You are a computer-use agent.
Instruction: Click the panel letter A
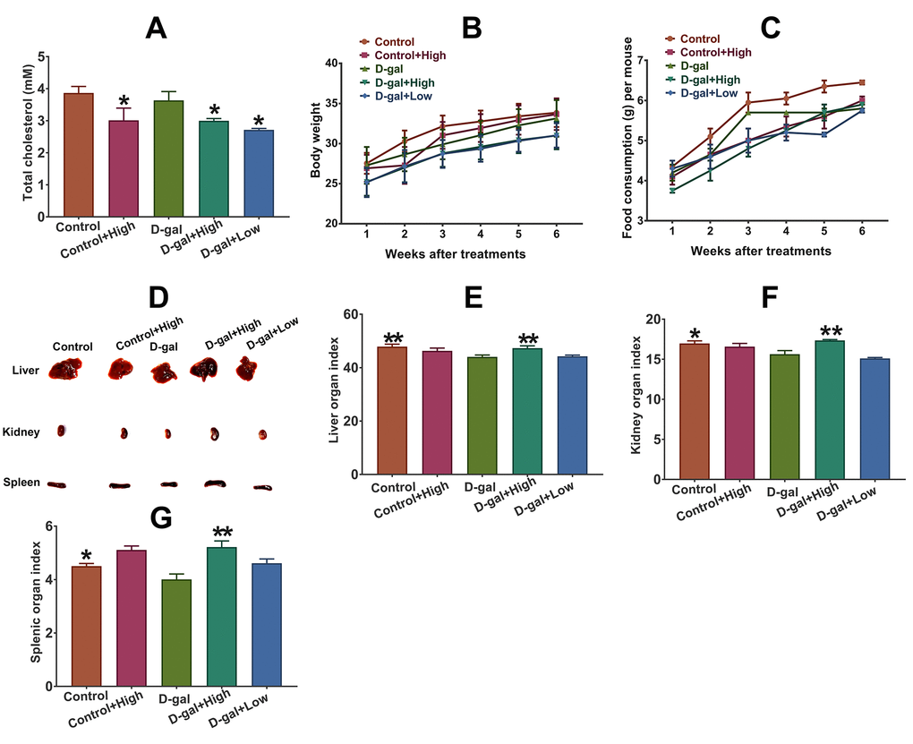(x=157, y=29)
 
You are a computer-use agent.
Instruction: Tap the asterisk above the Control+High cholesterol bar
(x=124, y=101)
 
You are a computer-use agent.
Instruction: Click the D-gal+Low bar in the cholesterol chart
(x=258, y=173)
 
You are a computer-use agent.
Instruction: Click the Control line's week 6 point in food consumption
(x=861, y=82)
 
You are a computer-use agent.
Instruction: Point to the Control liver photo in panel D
(x=66, y=368)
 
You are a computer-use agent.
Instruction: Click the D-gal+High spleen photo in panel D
(x=214, y=483)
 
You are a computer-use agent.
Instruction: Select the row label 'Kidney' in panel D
(x=21, y=432)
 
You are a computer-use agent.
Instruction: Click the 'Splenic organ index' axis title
(x=36, y=606)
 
